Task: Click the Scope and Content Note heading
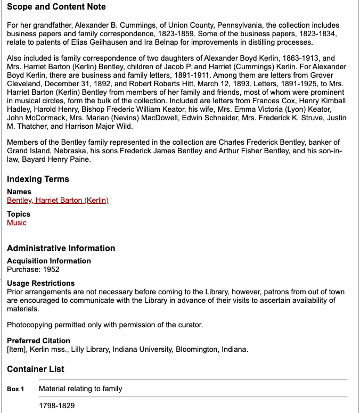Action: click(56, 7)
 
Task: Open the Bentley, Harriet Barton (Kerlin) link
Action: click(58, 201)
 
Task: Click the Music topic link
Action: click(17, 223)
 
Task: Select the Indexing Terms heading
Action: click(38, 179)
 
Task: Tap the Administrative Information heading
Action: click(61, 249)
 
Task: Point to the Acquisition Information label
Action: click(48, 261)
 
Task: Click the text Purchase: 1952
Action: click(33, 270)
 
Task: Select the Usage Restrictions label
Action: click(40, 283)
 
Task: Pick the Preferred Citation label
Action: click(38, 341)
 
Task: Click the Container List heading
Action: click(36, 369)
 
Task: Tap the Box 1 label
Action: click(15, 389)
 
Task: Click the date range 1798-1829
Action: click(56, 406)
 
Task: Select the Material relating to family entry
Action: click(80, 389)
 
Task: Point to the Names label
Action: click(19, 192)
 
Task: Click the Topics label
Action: click(19, 214)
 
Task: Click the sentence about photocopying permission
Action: click(105, 325)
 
